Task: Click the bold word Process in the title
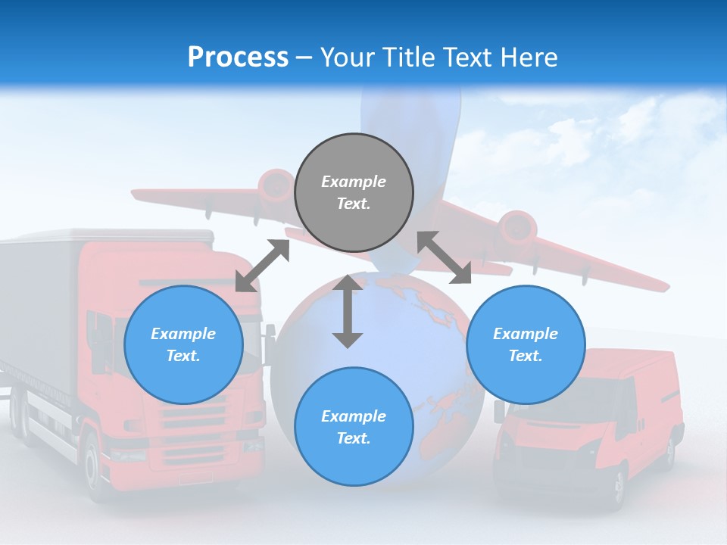click(238, 57)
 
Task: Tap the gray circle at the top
click(354, 192)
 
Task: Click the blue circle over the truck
click(183, 344)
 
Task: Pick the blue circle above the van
click(526, 344)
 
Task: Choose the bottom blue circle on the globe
click(354, 427)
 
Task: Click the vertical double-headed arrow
click(348, 311)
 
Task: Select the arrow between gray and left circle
click(262, 266)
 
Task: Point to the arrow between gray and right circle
click(444, 257)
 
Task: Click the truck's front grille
click(193, 424)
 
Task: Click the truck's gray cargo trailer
click(38, 303)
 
